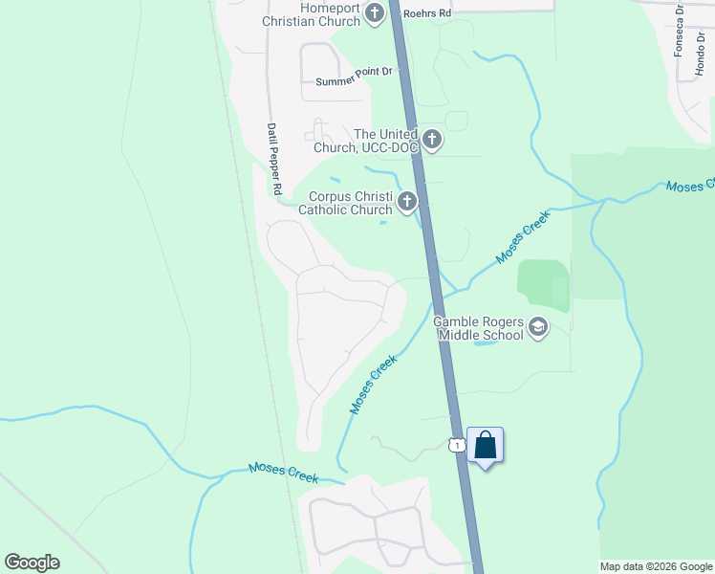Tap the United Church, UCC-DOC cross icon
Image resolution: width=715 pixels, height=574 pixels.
tap(432, 141)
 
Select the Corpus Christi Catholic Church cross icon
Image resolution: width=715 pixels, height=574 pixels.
tap(407, 202)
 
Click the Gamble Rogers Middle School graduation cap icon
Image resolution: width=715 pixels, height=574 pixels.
tap(538, 328)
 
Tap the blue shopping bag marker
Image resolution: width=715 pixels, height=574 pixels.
tap(486, 446)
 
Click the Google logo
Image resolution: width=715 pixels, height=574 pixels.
tap(32, 563)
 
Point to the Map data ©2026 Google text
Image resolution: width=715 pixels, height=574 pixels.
tap(656, 566)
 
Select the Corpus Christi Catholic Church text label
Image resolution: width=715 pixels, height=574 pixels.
tap(345, 202)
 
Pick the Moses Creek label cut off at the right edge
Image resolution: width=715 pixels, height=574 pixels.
tap(689, 185)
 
